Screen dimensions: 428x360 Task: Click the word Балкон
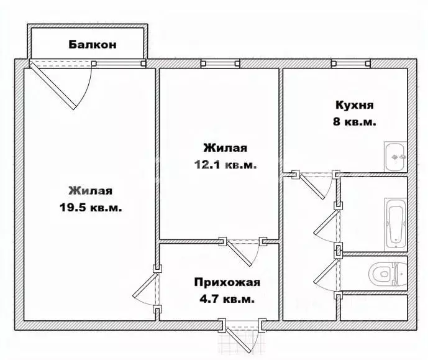coord(93,45)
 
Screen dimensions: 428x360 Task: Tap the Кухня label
coord(354,105)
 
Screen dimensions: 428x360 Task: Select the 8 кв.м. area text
coord(354,121)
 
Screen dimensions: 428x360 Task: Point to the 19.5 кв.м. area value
coord(91,208)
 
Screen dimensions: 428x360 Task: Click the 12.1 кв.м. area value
coord(225,165)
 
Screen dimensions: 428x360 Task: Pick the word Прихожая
coord(227,282)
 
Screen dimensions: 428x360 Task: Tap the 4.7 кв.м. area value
coord(227,299)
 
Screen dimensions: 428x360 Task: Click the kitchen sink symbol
coord(395,157)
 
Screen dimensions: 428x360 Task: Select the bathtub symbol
coord(395,224)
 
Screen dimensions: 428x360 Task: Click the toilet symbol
coord(388,274)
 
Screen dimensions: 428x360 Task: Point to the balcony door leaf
coord(53,86)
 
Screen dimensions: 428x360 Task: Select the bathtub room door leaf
coord(327,223)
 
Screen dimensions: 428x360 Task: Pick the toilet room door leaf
coord(327,272)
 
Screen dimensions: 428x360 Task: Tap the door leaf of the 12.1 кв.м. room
coord(239,254)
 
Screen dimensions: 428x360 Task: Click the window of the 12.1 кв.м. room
coord(221,63)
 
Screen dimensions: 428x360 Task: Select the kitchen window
coord(351,63)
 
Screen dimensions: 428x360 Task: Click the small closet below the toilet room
coord(374,307)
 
